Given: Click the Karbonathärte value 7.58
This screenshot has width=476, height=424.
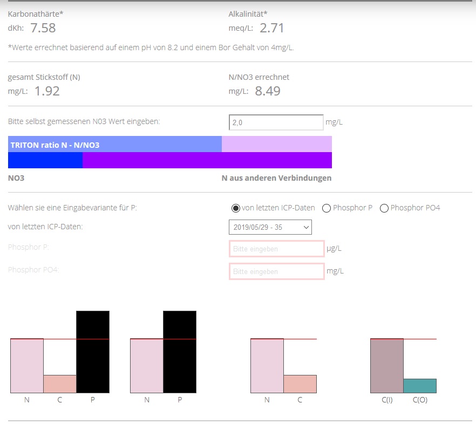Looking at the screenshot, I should coord(43,28).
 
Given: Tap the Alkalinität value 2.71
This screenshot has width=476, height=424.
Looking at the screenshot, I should coord(271,28).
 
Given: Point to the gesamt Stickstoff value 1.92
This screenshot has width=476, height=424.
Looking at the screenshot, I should coord(46,91).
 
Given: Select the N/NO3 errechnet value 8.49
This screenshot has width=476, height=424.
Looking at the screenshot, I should coord(267,91).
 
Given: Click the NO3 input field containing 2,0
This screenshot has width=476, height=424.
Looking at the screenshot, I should coord(276,122).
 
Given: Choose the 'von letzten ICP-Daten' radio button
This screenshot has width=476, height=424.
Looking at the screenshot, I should coord(235,208).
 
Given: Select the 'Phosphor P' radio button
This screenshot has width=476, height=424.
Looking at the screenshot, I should coord(326,208).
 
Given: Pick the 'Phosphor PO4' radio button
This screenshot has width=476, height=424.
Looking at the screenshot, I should coord(384,208).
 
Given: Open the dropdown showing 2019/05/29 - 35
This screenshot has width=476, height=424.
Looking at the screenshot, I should coord(270,227).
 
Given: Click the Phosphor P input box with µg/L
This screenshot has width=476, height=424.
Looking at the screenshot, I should coord(276,249).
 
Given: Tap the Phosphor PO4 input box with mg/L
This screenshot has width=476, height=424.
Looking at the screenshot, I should coord(276,271).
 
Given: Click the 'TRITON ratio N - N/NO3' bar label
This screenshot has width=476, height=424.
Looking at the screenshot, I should coord(55,145).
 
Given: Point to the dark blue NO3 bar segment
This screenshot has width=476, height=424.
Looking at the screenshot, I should coord(45,160).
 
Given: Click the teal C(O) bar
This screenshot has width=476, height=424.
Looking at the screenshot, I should coord(420,386).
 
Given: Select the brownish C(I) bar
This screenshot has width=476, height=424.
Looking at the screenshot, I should coord(387,366).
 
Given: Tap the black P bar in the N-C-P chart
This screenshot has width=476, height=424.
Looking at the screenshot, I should coord(93,352).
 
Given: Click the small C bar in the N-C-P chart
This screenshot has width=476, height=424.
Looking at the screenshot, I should coord(60,384).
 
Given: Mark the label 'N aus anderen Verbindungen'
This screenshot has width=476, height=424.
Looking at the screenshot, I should coord(276,178).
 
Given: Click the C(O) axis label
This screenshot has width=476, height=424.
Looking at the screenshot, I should coord(420,400).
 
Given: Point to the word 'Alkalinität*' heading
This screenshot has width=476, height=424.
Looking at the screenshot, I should coord(248,13).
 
